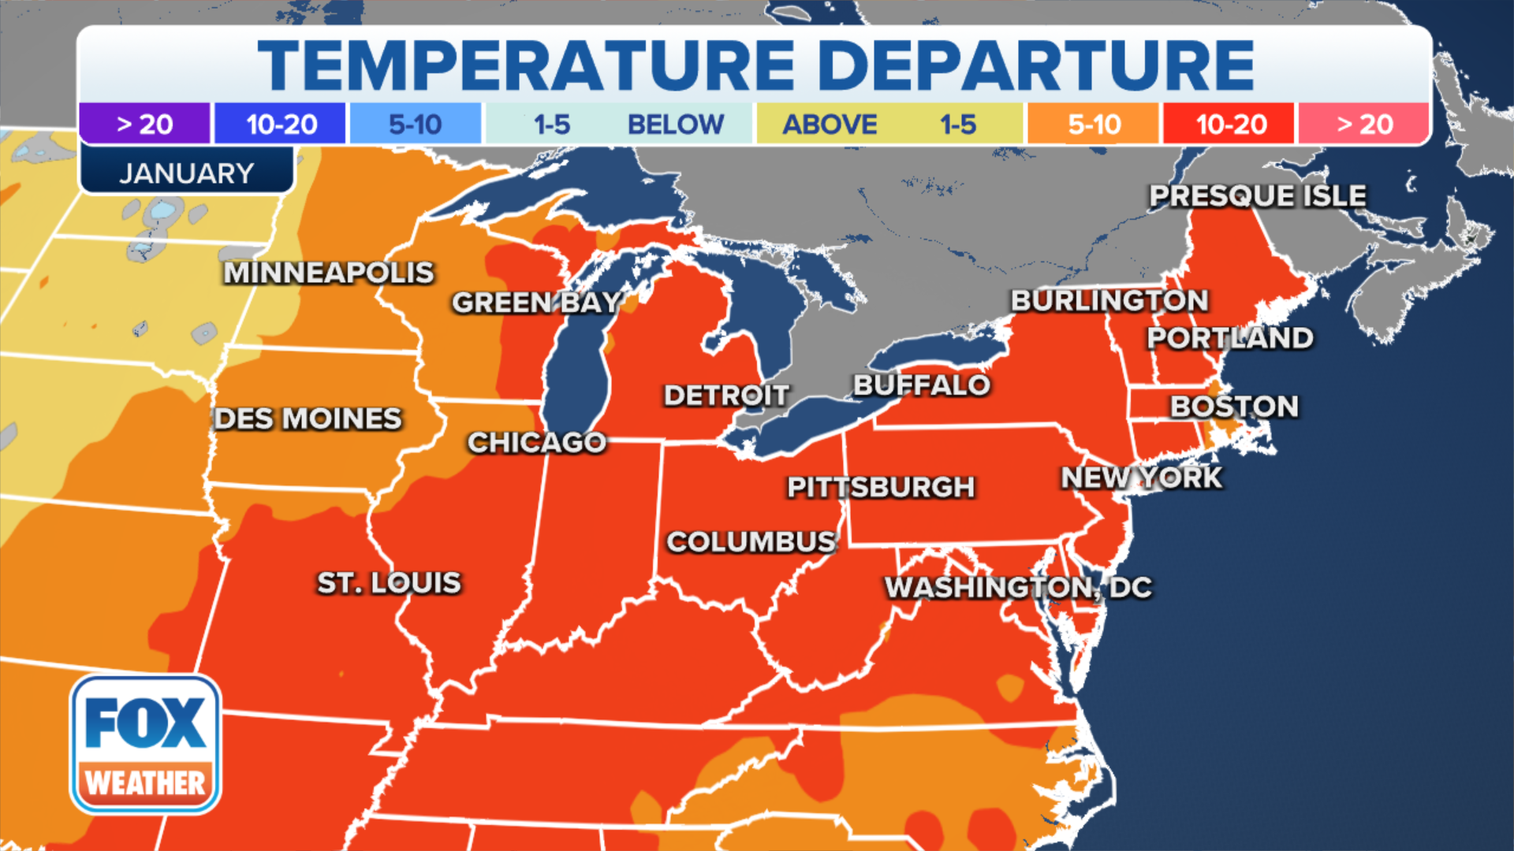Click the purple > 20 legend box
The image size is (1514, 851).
[x=145, y=124]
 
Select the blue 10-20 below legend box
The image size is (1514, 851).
[x=281, y=124]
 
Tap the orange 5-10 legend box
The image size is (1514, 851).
[x=1093, y=124]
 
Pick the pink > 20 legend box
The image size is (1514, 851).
[x=1364, y=124]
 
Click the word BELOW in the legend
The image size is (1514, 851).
[x=675, y=124]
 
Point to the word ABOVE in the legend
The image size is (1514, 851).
[x=830, y=124]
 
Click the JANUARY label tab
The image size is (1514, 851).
[x=186, y=173]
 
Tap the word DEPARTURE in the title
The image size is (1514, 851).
[x=1035, y=65]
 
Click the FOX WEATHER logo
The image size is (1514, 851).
[x=145, y=745]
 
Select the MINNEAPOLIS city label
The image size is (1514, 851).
[x=329, y=273]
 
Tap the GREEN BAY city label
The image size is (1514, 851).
[x=537, y=303]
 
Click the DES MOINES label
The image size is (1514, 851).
[x=308, y=418]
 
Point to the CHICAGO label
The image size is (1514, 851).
[x=537, y=443]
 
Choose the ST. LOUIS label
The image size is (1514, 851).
[x=389, y=583]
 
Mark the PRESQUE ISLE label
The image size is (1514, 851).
[x=1257, y=195]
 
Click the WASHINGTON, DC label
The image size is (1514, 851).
[x=1018, y=587]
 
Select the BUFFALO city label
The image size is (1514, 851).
[x=921, y=385]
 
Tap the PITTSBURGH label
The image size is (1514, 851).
[x=881, y=487]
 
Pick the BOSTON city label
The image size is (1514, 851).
[x=1234, y=407]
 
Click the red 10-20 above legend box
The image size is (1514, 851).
[x=1230, y=124]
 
